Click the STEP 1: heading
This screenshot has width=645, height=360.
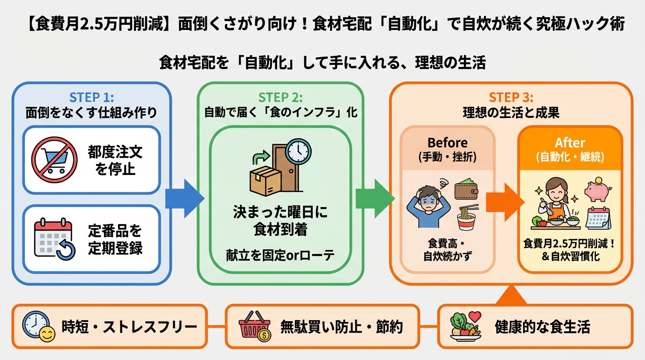tap(91, 97)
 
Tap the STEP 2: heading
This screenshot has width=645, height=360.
tap(280, 97)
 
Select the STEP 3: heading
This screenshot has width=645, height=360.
tap(511, 97)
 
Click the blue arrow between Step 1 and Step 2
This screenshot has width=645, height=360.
tap(185, 198)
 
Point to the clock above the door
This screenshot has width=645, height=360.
tap(299, 151)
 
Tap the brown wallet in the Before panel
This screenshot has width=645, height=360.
tap(467, 191)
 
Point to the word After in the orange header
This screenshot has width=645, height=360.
tap(570, 142)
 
